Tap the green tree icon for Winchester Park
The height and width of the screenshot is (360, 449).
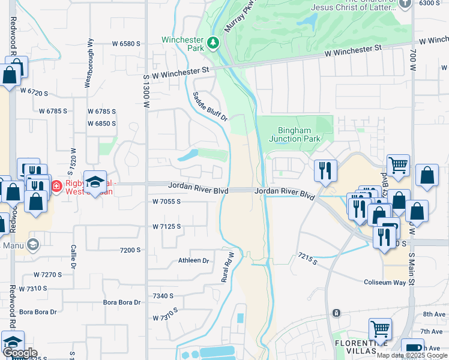pyautogui.click(x=212, y=43)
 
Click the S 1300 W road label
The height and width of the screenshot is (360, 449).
pyautogui.click(x=146, y=91)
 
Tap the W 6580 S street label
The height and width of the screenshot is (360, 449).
pyautogui.click(x=126, y=44)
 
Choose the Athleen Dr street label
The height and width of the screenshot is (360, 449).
pyautogui.click(x=193, y=260)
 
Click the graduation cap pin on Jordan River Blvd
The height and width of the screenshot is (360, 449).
pyautogui.click(x=95, y=182)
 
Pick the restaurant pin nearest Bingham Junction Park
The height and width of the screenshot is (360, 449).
pyautogui.click(x=325, y=170)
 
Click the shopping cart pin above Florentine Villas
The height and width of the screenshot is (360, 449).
pyautogui.click(x=380, y=329)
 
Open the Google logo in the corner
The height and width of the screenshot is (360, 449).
pyautogui.click(x=19, y=353)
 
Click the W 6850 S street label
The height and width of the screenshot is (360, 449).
pyautogui.click(x=101, y=123)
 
